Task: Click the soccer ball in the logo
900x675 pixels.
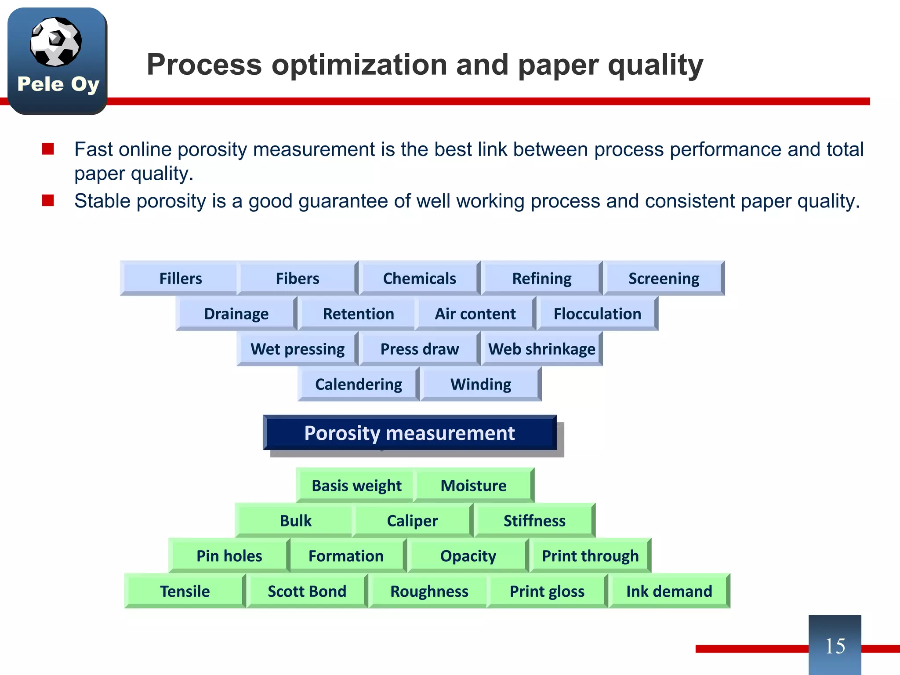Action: (x=56, y=42)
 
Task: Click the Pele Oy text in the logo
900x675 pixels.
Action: (x=58, y=84)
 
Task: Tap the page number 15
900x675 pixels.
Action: (x=835, y=646)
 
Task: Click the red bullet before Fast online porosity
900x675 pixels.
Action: (x=48, y=149)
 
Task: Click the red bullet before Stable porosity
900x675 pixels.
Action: (x=48, y=201)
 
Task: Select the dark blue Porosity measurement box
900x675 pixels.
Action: (x=410, y=433)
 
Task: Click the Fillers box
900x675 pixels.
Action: (x=180, y=279)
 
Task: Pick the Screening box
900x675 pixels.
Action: (x=664, y=279)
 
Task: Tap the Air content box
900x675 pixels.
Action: (x=475, y=314)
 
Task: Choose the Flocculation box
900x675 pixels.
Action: (x=597, y=314)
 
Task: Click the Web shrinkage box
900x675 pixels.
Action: (x=541, y=349)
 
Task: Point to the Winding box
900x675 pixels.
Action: (x=481, y=384)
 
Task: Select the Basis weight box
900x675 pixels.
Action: (x=356, y=486)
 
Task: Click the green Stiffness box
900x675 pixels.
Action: (x=534, y=521)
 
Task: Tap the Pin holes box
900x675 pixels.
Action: (x=229, y=556)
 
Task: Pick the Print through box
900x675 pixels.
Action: (x=590, y=556)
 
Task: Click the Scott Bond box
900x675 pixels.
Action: (x=307, y=591)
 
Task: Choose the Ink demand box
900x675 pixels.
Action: (x=669, y=591)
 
